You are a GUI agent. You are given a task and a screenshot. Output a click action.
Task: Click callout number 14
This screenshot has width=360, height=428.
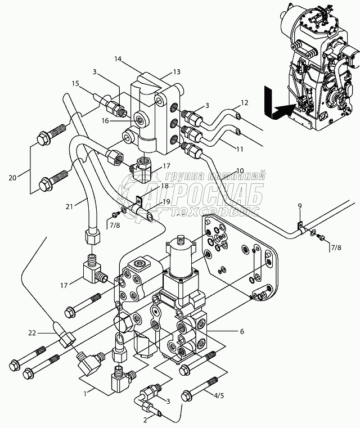117,58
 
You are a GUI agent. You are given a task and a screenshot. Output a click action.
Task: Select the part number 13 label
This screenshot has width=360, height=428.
161,71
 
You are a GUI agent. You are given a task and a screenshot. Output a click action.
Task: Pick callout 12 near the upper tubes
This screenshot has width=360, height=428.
244,102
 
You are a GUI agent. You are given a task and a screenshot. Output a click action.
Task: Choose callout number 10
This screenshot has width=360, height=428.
240,170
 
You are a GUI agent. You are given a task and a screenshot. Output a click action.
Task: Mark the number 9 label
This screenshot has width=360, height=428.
300,206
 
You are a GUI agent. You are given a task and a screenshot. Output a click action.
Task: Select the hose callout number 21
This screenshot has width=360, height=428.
69,206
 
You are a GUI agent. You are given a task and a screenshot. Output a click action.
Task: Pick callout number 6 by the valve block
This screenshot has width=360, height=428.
242,332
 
